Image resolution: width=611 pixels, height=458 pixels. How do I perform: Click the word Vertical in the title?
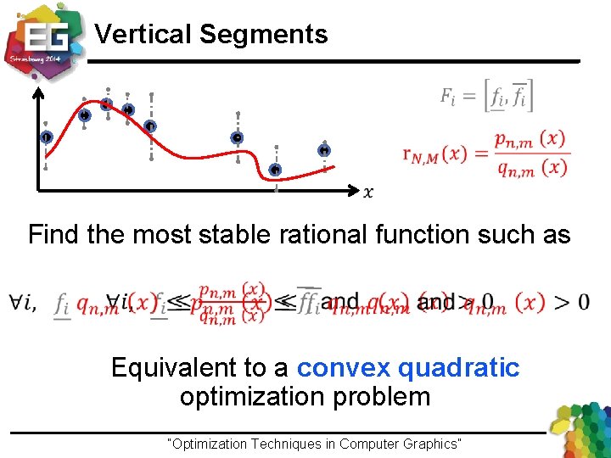point(143,35)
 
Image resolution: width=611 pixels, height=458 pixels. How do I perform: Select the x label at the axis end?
point(367,193)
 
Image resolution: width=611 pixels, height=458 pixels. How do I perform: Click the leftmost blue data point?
point(45,137)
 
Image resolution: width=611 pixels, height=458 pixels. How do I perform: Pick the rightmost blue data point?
point(324,150)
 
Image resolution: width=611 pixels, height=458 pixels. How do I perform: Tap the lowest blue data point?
point(275,170)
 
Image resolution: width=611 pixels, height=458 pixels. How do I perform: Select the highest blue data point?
point(107,104)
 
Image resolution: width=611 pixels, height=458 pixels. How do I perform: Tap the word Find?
point(53,234)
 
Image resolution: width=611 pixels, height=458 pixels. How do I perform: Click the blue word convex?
point(343,368)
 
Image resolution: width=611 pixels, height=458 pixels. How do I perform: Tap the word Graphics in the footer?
point(430,444)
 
